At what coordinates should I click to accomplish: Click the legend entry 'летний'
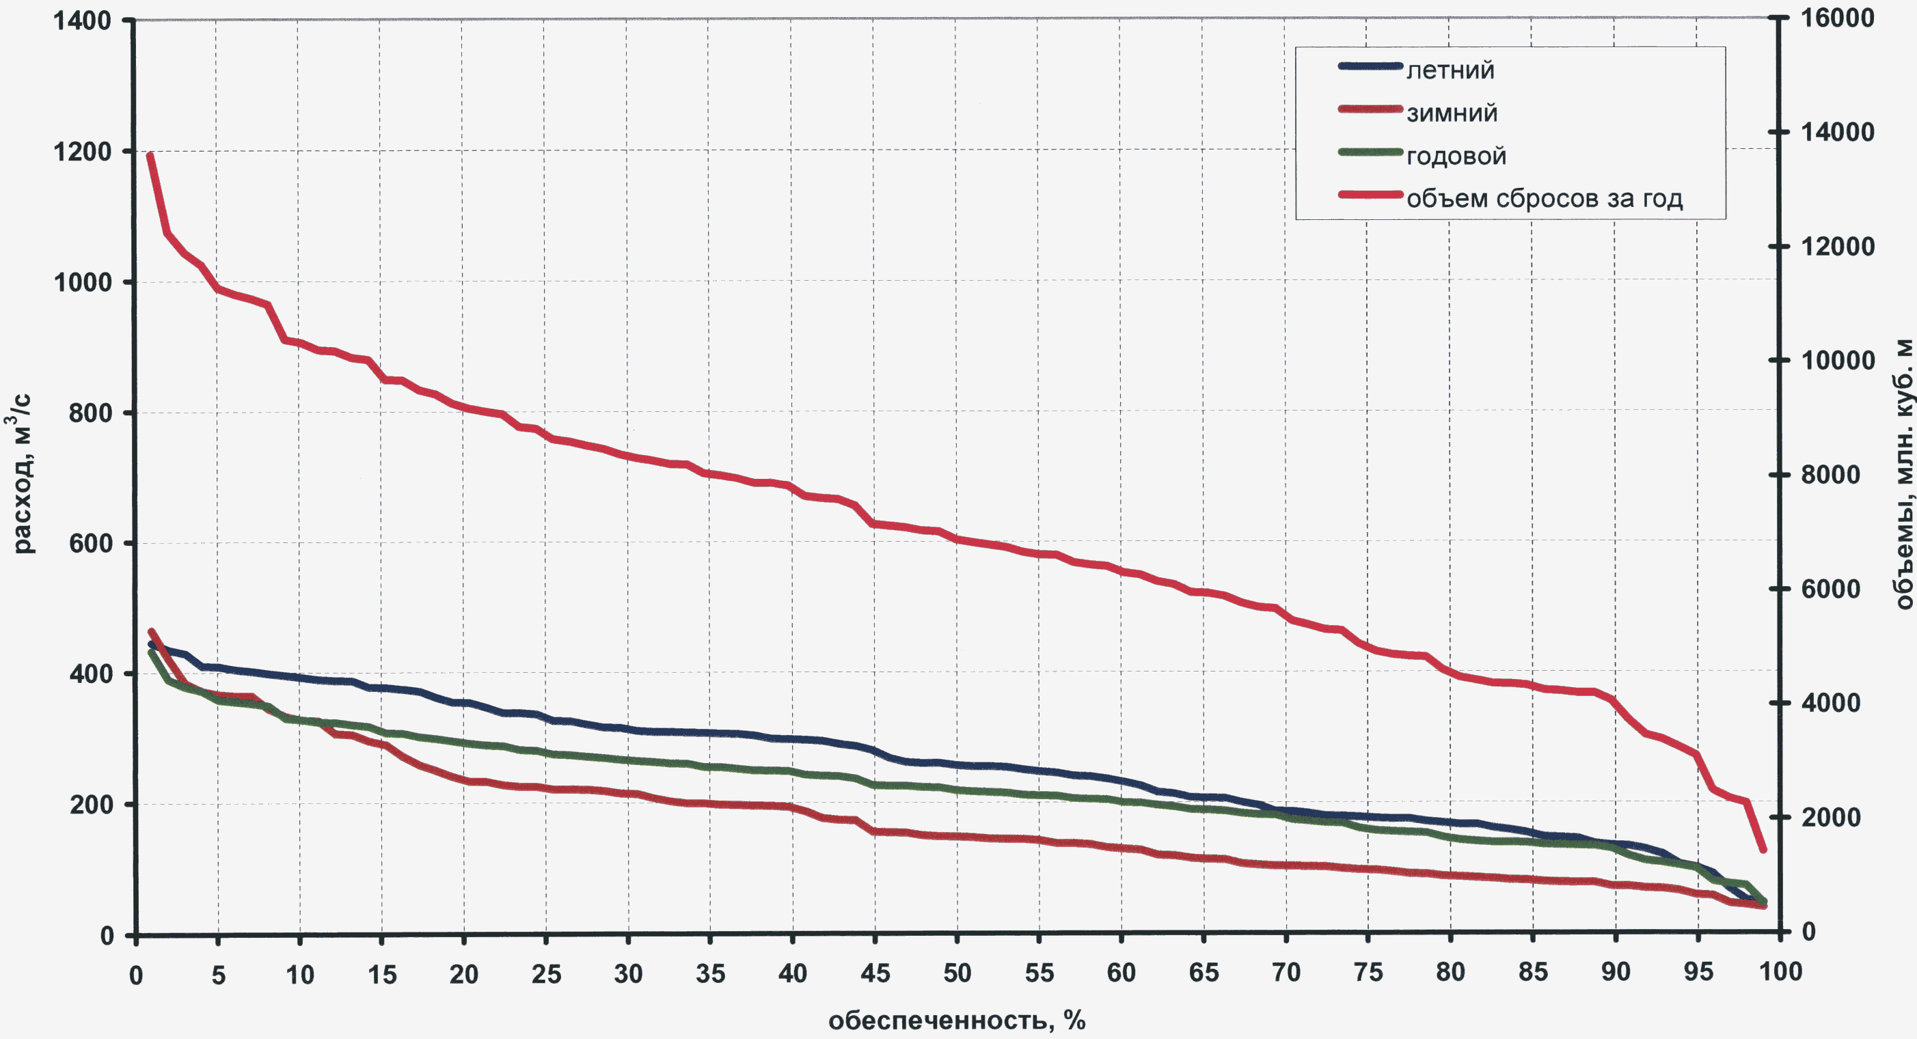(1450, 70)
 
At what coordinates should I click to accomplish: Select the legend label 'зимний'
(1451, 113)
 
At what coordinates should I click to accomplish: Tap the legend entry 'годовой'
(1456, 156)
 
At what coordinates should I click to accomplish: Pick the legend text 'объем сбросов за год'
(1544, 199)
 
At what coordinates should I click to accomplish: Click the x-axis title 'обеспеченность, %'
(956, 1021)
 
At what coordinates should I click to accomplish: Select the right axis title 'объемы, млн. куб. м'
(1903, 474)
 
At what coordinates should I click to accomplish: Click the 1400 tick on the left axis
(82, 20)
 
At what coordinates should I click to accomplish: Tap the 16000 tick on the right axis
(1836, 18)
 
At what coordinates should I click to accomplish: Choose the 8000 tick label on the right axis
(1830, 475)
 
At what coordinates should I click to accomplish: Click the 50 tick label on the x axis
(957, 973)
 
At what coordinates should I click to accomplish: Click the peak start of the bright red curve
(150, 156)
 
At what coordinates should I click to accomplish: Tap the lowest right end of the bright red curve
(1763, 849)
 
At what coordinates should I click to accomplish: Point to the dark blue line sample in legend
(1370, 66)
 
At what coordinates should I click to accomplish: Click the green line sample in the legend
(1370, 152)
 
